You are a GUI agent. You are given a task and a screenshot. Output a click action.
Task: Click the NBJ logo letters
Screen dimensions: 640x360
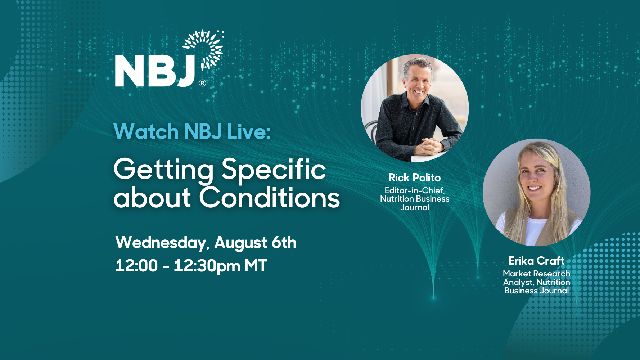point(155,71)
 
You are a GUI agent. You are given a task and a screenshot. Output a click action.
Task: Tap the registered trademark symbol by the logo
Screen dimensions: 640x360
point(203,83)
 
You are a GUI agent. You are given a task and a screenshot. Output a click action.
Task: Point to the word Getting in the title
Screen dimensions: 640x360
point(164,170)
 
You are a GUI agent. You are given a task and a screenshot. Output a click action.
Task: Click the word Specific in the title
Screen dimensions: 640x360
point(274,170)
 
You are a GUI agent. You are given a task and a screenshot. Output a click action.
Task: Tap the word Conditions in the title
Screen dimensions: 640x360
point(270,198)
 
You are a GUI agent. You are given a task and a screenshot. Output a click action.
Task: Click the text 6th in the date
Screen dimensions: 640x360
point(284,242)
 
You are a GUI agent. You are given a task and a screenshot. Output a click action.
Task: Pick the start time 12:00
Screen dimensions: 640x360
point(136,266)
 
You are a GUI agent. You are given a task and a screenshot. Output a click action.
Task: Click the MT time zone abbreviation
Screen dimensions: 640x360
point(256,266)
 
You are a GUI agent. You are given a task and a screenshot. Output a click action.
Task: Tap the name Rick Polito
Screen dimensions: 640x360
point(415,178)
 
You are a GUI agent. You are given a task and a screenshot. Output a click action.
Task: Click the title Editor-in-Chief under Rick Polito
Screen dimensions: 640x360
point(415,190)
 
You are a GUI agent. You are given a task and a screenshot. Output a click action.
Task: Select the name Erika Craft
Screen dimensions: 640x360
point(536,261)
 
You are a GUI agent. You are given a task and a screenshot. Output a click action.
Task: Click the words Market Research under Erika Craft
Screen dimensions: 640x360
point(536,274)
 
